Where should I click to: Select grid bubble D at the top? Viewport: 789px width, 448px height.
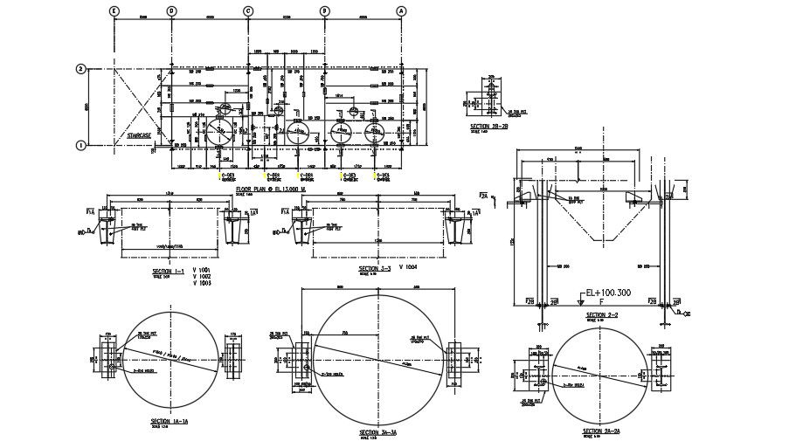[171, 10]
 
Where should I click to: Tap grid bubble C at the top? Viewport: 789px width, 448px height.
[248, 10]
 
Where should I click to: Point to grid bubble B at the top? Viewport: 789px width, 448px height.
[325, 10]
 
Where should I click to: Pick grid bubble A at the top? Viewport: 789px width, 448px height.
[402, 10]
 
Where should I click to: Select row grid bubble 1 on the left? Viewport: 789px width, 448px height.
[80, 145]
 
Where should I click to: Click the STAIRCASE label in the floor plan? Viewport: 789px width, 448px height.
[140, 136]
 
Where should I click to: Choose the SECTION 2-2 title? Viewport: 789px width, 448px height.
[602, 314]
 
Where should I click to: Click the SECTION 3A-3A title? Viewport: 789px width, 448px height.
[379, 433]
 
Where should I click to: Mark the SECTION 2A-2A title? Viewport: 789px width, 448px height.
[601, 431]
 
